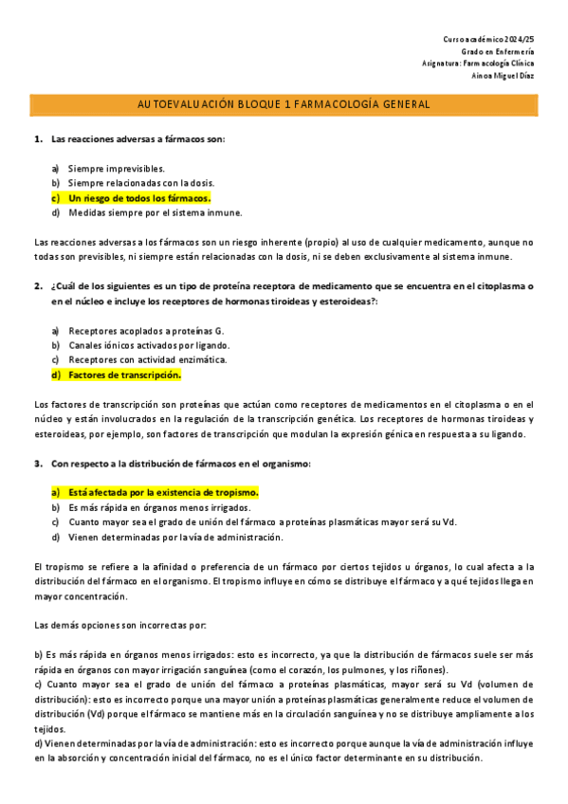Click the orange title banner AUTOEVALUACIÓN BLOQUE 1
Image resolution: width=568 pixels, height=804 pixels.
(284, 103)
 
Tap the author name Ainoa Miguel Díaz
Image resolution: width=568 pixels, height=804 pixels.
(503, 77)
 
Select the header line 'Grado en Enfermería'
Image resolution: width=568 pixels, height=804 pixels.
(497, 51)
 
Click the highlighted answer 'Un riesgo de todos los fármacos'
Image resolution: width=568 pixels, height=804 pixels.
(138, 197)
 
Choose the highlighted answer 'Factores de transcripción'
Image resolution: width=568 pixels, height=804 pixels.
(124, 375)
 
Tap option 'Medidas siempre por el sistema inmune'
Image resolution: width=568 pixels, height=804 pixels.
(155, 212)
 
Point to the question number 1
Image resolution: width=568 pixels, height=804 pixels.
(38, 138)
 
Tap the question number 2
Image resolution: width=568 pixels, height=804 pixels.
(38, 285)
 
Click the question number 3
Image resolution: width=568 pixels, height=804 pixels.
(38, 464)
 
